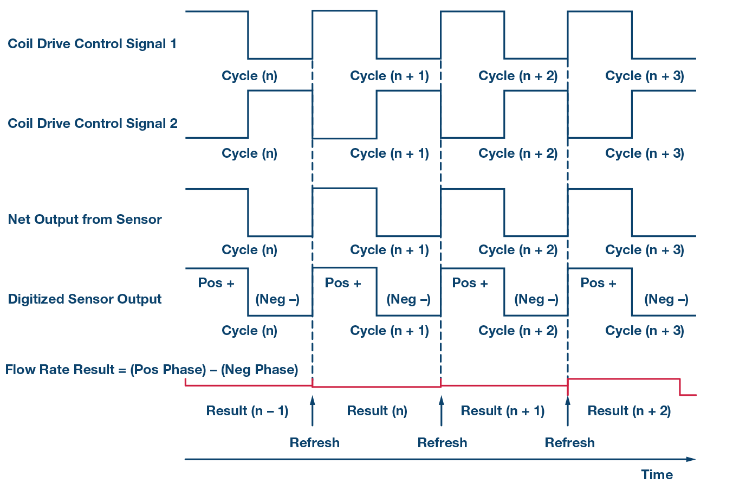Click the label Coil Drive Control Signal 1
[x=92, y=44]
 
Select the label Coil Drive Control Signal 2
[x=93, y=124]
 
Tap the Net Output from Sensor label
[x=85, y=220]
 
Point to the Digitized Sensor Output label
[x=85, y=299]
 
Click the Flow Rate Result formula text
[x=152, y=370]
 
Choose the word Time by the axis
[x=657, y=475]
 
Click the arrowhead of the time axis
[x=691, y=459]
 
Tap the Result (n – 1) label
[x=247, y=411]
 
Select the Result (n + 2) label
[x=629, y=411]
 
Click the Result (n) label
[x=377, y=411]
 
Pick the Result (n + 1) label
[x=502, y=411]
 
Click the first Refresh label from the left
[x=315, y=443]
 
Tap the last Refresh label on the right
[x=569, y=443]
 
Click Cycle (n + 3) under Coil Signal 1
[x=644, y=76]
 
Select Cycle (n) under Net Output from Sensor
[x=249, y=250]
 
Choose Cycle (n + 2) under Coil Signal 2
[x=517, y=153]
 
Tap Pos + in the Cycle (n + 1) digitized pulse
[x=342, y=283]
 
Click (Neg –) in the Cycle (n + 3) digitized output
[x=666, y=299]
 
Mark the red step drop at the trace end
[x=680, y=387]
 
